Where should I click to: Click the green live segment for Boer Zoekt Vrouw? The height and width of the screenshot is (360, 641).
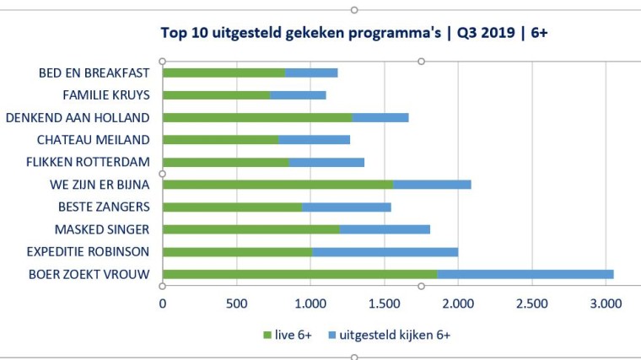click(299, 273)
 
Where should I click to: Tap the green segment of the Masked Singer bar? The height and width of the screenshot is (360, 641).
click(250, 228)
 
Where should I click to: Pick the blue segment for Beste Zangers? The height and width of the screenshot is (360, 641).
click(346, 207)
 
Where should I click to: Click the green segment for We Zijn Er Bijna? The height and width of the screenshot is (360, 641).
click(277, 184)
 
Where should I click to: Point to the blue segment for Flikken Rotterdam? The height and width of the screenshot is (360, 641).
click(326, 162)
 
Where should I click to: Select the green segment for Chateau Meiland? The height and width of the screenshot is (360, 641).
click(220, 139)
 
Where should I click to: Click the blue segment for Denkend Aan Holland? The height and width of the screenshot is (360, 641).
click(380, 117)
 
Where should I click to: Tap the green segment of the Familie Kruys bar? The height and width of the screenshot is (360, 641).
click(216, 94)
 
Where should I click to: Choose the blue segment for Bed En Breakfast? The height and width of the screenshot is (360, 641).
click(311, 73)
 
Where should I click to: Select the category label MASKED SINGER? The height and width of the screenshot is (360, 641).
click(101, 228)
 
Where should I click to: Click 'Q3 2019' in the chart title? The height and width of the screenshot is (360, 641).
click(489, 34)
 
